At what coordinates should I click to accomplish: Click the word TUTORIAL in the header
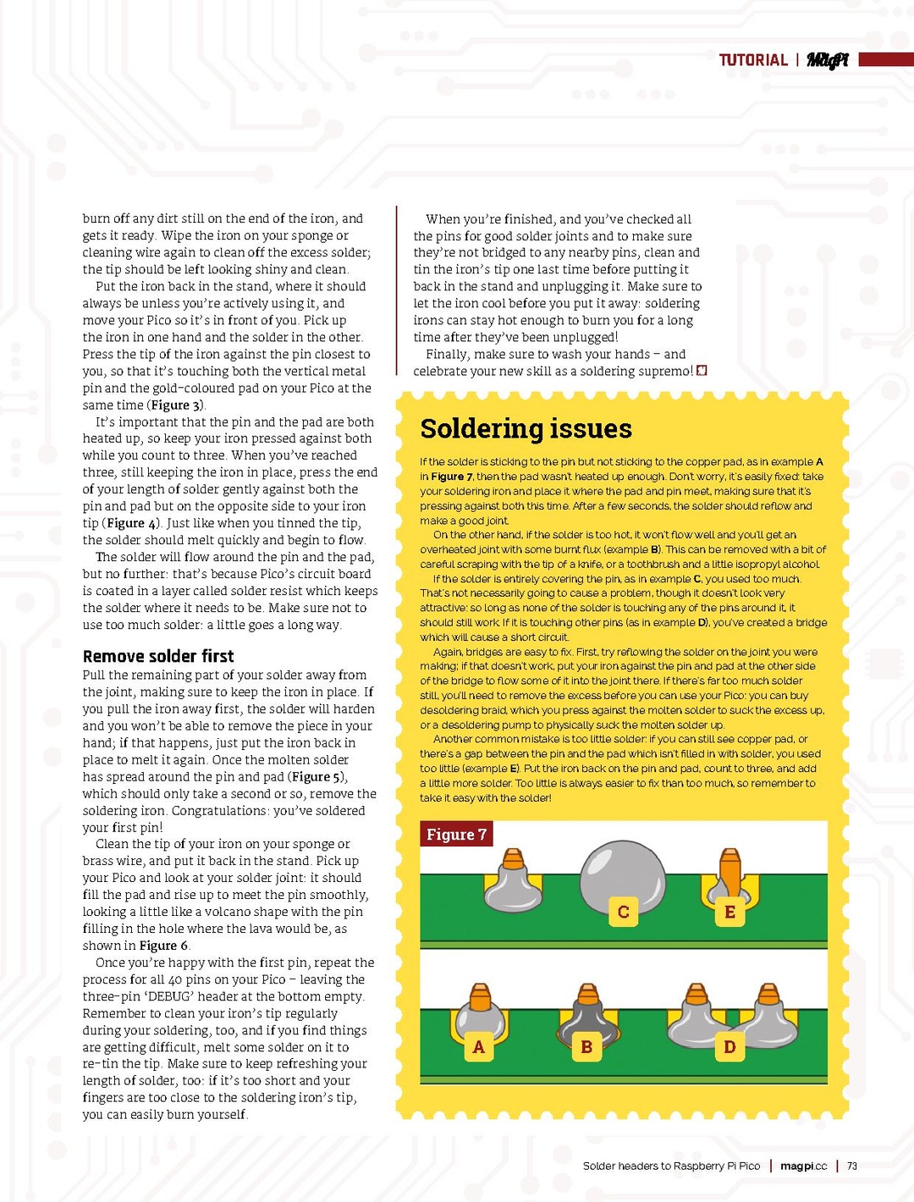pos(753,60)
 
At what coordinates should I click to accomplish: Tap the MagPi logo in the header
pos(827,60)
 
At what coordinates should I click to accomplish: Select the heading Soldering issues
pos(526,428)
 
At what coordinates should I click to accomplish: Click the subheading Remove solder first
pos(158,656)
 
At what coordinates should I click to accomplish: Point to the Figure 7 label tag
pos(456,835)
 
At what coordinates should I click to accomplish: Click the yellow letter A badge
pos(478,1047)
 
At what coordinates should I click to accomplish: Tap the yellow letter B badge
pos(586,1047)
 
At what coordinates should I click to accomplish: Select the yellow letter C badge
pos(623,912)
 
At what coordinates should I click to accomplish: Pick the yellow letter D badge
pos(730,1047)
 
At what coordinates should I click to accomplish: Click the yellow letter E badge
pos(730,912)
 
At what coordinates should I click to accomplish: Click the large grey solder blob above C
pos(623,872)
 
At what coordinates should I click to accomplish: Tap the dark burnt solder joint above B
pos(586,1016)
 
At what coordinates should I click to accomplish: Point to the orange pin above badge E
pos(730,872)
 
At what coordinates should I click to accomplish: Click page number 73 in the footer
pos(852,1166)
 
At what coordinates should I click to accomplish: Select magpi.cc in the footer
pos(803,1166)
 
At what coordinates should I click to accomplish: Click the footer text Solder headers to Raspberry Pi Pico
pos(671,1166)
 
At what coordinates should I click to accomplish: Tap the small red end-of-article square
pos(702,371)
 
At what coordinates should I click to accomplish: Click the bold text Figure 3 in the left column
pos(177,405)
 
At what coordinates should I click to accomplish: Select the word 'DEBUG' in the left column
pos(168,996)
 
